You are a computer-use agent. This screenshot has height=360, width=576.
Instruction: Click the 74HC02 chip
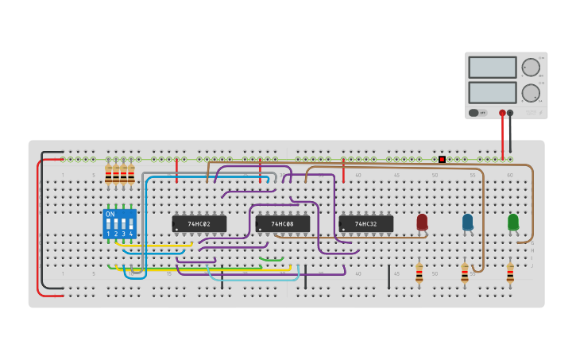coord(199,224)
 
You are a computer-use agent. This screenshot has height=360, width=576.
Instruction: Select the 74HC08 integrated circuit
coord(283,224)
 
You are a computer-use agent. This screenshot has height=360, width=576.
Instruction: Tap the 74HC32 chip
coord(365,224)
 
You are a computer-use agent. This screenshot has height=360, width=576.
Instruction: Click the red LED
coord(422,222)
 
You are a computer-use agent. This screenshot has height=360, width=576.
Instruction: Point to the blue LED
coord(467,222)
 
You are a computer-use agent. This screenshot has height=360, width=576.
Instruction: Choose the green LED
coord(512,222)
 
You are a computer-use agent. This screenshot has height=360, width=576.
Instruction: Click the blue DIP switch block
coord(119,224)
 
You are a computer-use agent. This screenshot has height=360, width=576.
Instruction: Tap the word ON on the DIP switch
coord(110,214)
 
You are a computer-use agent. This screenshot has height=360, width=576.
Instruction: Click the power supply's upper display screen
coord(492,67)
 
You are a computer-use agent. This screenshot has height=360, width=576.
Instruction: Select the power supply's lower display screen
coord(492,92)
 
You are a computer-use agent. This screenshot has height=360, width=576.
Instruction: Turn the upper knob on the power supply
coord(530,67)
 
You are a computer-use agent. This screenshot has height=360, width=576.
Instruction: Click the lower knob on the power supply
coord(530,93)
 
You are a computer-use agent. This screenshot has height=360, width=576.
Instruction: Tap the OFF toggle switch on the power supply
coord(477,113)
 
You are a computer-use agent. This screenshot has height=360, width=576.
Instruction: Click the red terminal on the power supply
coord(502,113)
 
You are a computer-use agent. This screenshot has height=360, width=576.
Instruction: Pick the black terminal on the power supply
coord(510,113)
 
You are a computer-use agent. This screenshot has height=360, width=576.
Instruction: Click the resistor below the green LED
coord(510,274)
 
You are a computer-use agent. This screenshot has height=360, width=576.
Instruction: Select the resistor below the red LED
coord(419,274)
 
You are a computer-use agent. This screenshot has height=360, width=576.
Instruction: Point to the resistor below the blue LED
coord(465,274)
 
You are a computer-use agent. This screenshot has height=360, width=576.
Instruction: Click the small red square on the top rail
coord(442,159)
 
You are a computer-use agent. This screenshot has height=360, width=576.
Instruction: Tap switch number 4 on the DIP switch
coord(130,224)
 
